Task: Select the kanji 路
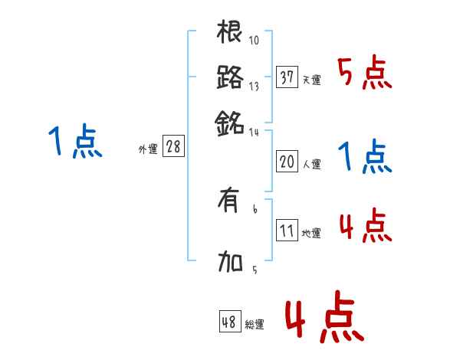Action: click(x=230, y=77)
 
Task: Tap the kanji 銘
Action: click(x=230, y=122)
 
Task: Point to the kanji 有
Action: click(x=230, y=203)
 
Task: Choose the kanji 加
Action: click(x=230, y=264)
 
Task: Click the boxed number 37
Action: click(x=287, y=77)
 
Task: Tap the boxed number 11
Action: click(x=287, y=231)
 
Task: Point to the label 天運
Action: click(x=311, y=80)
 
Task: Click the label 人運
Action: click(x=311, y=164)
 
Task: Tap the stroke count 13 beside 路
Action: click(x=255, y=86)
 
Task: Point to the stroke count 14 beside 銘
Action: click(x=255, y=132)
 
